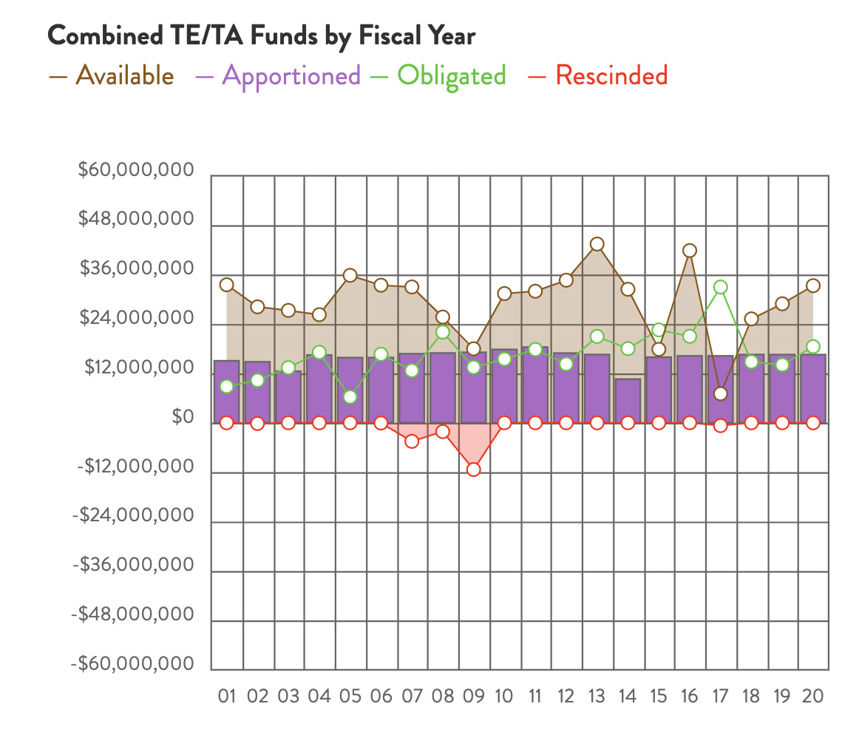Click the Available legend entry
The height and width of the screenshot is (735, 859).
click(x=112, y=76)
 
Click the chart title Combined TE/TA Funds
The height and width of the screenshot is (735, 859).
click(x=261, y=36)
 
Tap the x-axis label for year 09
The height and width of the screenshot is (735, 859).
click(x=473, y=697)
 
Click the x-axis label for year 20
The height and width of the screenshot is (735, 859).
click(x=812, y=697)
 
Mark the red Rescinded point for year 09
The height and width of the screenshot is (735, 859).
click(x=473, y=470)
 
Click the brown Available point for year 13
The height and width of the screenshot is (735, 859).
click(x=597, y=244)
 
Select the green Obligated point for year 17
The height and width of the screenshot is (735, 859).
click(x=721, y=287)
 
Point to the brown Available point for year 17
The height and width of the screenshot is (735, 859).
click(x=721, y=393)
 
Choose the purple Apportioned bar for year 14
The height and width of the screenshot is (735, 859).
click(x=628, y=401)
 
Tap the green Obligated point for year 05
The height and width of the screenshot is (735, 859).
click(x=350, y=397)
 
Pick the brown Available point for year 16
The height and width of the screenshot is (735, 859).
click(x=690, y=251)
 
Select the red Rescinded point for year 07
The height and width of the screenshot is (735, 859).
click(x=412, y=441)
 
